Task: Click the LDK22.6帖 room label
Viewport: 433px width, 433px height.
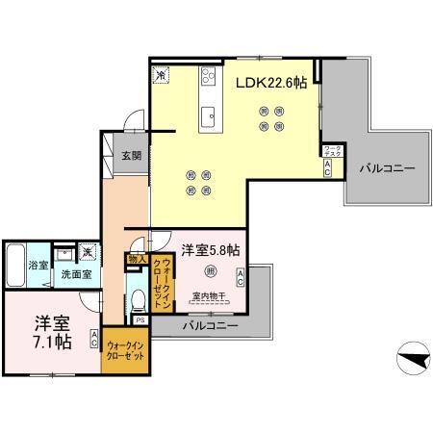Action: (x=272, y=83)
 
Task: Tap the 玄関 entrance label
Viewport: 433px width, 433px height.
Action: (x=131, y=156)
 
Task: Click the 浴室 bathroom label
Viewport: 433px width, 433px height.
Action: (x=38, y=264)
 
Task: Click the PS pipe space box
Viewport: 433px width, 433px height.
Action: (x=140, y=320)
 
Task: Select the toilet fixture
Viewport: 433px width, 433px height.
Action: (x=138, y=296)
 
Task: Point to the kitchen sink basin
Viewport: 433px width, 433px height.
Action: (x=208, y=117)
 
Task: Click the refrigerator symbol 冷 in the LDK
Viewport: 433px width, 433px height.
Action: (x=161, y=72)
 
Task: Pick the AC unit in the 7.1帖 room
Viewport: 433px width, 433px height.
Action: (x=95, y=338)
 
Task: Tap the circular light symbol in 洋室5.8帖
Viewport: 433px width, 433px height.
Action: (x=210, y=270)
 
